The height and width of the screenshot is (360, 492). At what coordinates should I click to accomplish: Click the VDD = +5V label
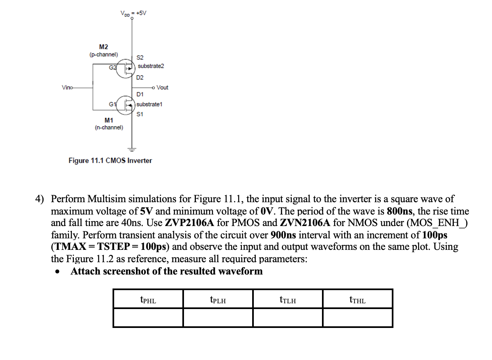click(133, 13)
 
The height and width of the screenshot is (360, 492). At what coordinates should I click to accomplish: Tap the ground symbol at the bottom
click(132, 148)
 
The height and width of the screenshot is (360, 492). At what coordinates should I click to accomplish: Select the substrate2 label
click(151, 66)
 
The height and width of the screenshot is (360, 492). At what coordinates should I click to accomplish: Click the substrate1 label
click(149, 104)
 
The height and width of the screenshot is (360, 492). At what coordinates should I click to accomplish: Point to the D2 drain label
click(140, 77)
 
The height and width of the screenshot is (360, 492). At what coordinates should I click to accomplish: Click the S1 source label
click(140, 114)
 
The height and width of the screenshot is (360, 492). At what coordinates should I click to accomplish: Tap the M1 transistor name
click(108, 120)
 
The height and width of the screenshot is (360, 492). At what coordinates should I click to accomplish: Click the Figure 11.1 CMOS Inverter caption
click(110, 160)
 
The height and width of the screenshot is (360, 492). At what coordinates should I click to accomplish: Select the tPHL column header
click(148, 300)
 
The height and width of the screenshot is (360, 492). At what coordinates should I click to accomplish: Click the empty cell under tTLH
click(287, 318)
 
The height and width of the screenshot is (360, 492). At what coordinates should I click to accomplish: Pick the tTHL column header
click(357, 300)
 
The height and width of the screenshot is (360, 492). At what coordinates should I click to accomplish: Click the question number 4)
click(40, 199)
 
